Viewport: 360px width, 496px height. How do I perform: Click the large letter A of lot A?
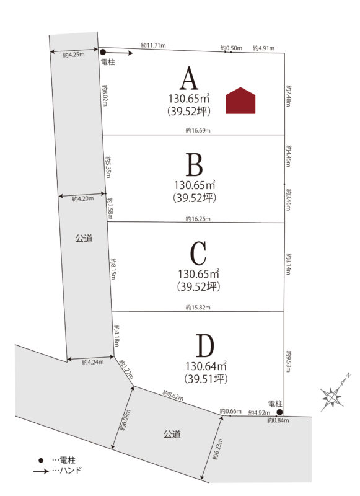tap(189, 78)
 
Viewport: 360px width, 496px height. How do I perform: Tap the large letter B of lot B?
tap(194, 165)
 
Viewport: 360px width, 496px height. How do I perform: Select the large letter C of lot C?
tap(198, 253)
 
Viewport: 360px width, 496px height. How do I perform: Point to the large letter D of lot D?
tap(205, 345)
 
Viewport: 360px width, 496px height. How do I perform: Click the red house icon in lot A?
tap(240, 100)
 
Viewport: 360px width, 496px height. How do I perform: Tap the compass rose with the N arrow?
tap(332, 396)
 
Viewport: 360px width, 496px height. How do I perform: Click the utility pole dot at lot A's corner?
tap(103, 52)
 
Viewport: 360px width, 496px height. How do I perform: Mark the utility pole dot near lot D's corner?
tap(279, 412)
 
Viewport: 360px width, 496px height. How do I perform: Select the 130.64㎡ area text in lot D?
tap(206, 366)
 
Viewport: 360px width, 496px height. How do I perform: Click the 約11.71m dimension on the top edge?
tap(153, 45)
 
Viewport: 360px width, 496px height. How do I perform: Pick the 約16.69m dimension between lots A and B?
tap(198, 130)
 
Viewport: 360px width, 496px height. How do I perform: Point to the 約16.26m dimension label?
tap(198, 219)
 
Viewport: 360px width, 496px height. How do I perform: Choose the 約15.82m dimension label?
tap(198, 307)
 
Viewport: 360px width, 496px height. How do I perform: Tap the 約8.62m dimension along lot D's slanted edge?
tap(173, 395)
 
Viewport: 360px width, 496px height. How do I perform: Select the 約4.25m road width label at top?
tap(74, 55)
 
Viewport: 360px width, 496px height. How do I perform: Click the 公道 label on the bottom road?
tap(172, 434)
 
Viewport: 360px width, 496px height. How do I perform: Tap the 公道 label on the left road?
tap(84, 238)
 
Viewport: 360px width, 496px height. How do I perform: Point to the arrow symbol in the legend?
tap(41, 472)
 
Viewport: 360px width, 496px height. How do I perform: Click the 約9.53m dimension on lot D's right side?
tap(289, 361)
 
